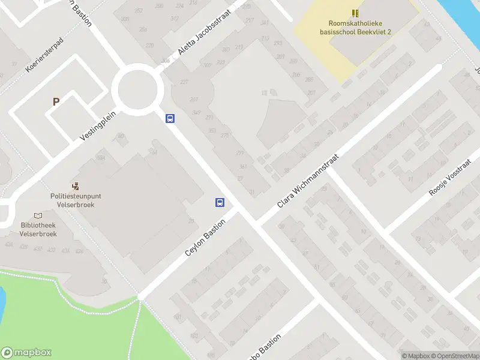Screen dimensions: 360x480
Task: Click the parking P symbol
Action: [x=56, y=102]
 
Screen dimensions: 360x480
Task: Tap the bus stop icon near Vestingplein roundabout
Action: [x=170, y=119]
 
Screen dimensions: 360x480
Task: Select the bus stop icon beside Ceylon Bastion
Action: [x=220, y=203]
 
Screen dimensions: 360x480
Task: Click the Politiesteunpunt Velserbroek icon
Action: [x=76, y=187]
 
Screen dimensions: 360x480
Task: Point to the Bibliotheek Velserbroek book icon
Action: [x=38, y=216]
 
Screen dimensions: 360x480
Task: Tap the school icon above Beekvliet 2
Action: [x=355, y=13]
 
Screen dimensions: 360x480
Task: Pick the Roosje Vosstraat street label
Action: [x=450, y=178]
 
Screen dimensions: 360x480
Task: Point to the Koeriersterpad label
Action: [x=44, y=56]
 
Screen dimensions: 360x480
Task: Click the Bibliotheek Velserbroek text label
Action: [x=38, y=230]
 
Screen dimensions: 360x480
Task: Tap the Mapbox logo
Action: [x=26, y=353]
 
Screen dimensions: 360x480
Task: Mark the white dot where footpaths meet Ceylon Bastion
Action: [x=141, y=296]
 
